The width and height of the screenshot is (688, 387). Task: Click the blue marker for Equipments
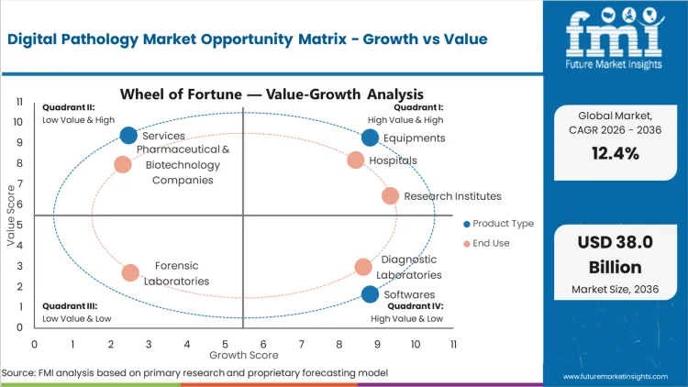[x=370, y=138]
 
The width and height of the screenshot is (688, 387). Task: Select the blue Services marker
[x=129, y=136]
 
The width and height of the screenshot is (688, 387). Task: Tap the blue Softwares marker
[x=370, y=294]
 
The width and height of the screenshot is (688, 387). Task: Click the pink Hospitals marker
[x=356, y=160]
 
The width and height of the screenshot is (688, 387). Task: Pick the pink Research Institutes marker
[x=390, y=195]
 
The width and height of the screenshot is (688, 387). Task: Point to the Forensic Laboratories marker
[x=130, y=272]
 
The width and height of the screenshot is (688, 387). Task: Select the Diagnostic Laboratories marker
[x=363, y=267]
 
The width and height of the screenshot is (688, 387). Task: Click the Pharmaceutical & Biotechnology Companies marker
[x=123, y=165]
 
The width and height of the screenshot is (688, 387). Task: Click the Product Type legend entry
[x=500, y=224]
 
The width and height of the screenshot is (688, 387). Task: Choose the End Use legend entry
[x=491, y=243]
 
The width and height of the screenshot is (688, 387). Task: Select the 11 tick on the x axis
[x=453, y=343]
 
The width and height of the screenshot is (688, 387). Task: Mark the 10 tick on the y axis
[x=18, y=122]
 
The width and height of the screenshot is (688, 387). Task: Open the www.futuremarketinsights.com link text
[x=617, y=376]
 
